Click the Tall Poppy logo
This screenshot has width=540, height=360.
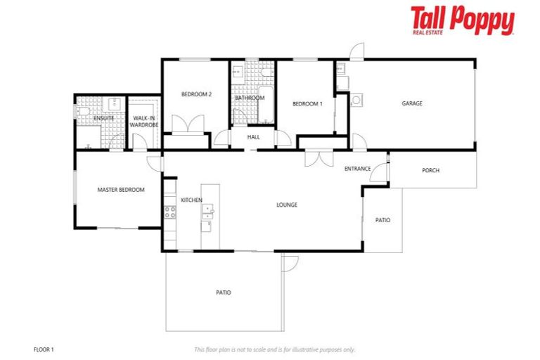point(462,20)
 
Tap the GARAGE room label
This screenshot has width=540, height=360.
point(411,103)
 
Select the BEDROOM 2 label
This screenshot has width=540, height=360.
point(196,94)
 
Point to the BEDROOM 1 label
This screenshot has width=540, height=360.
point(307,103)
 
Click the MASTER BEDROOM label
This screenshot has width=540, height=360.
point(120,190)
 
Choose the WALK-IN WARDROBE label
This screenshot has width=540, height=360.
point(144,121)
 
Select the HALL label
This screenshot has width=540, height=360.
point(254,137)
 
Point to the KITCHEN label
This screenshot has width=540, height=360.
point(191,200)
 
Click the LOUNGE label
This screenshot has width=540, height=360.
point(286,205)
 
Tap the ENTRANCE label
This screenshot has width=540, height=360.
point(357,169)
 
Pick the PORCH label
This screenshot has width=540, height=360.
point(430,170)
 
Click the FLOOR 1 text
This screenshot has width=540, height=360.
point(44,349)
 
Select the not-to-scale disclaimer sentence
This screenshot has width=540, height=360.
point(274,349)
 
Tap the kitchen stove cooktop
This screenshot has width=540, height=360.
point(169,211)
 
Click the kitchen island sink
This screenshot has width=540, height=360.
point(208,210)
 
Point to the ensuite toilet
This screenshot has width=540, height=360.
point(82,111)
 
